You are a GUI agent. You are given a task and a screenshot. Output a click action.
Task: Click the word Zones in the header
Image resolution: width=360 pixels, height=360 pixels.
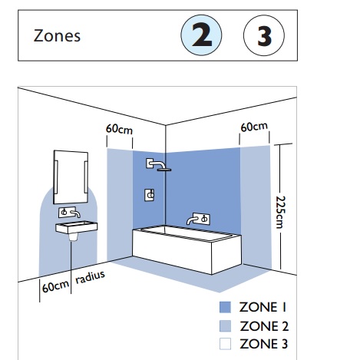click(x=57, y=35)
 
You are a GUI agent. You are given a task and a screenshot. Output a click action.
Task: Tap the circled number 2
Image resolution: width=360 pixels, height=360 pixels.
click(x=201, y=36)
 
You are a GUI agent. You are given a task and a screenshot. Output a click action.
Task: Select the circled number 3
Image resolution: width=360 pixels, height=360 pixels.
click(x=263, y=36)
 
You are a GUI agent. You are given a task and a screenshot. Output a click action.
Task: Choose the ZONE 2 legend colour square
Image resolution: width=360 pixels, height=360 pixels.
click(x=224, y=325)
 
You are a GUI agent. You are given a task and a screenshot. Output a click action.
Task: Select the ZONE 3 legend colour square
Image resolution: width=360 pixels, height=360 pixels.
click(x=224, y=342)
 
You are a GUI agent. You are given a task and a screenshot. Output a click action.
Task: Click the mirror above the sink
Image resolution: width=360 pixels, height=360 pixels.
click(x=70, y=176)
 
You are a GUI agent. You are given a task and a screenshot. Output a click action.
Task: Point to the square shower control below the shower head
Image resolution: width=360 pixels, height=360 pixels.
click(x=149, y=196)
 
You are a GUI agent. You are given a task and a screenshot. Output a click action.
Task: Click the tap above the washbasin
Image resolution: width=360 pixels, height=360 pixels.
click(x=70, y=211)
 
